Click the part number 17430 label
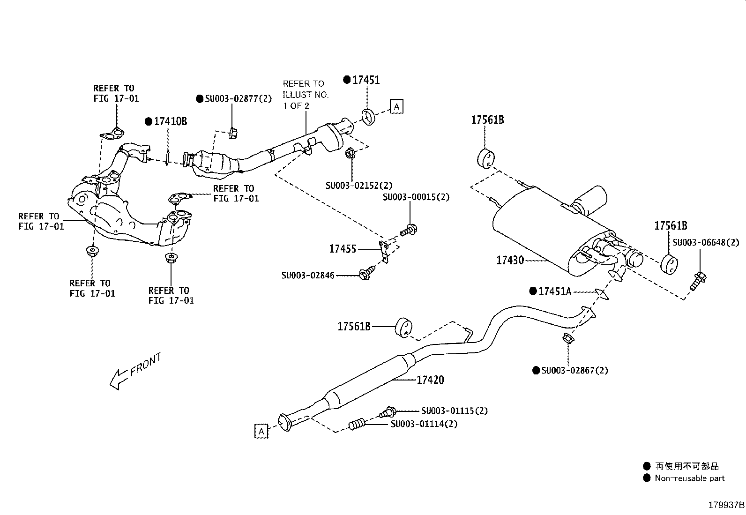coord(510,260)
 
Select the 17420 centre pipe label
coord(430,380)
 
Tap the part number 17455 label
coord(343,249)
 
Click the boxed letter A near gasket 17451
coord(396,107)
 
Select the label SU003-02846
coord(308,276)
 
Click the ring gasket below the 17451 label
coord(369,117)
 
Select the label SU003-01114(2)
coord(424,424)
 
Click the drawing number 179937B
coord(725,505)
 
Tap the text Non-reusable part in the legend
coord(689,478)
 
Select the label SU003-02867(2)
coord(574,371)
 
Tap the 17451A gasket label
coord(555,291)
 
